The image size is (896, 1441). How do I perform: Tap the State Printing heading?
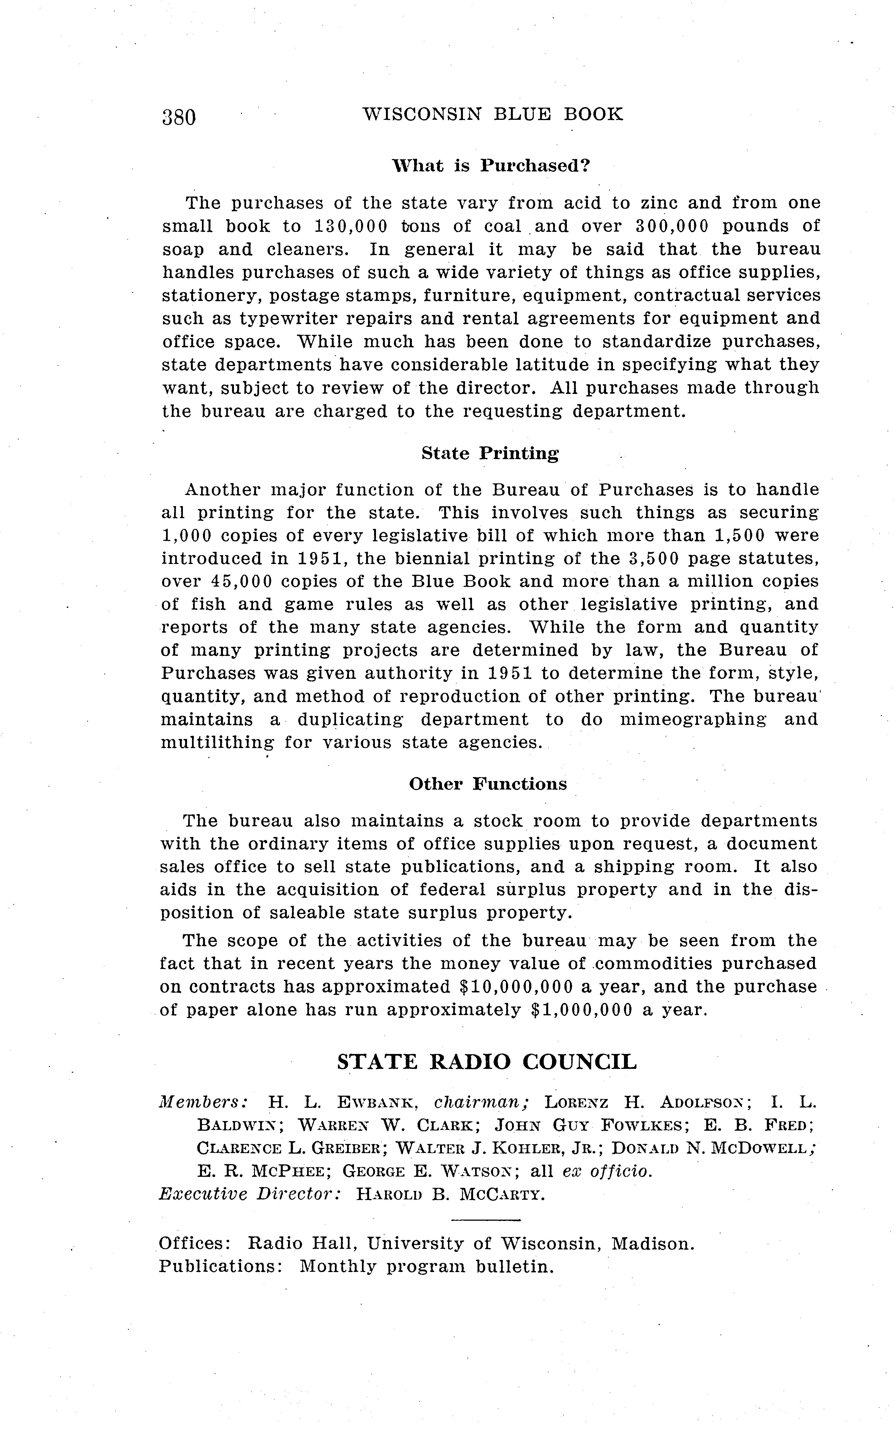(x=490, y=454)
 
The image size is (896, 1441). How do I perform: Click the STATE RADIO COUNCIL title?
(x=487, y=1061)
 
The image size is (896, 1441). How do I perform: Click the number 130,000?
(x=351, y=227)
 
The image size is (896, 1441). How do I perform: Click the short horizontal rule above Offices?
(x=485, y=1220)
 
